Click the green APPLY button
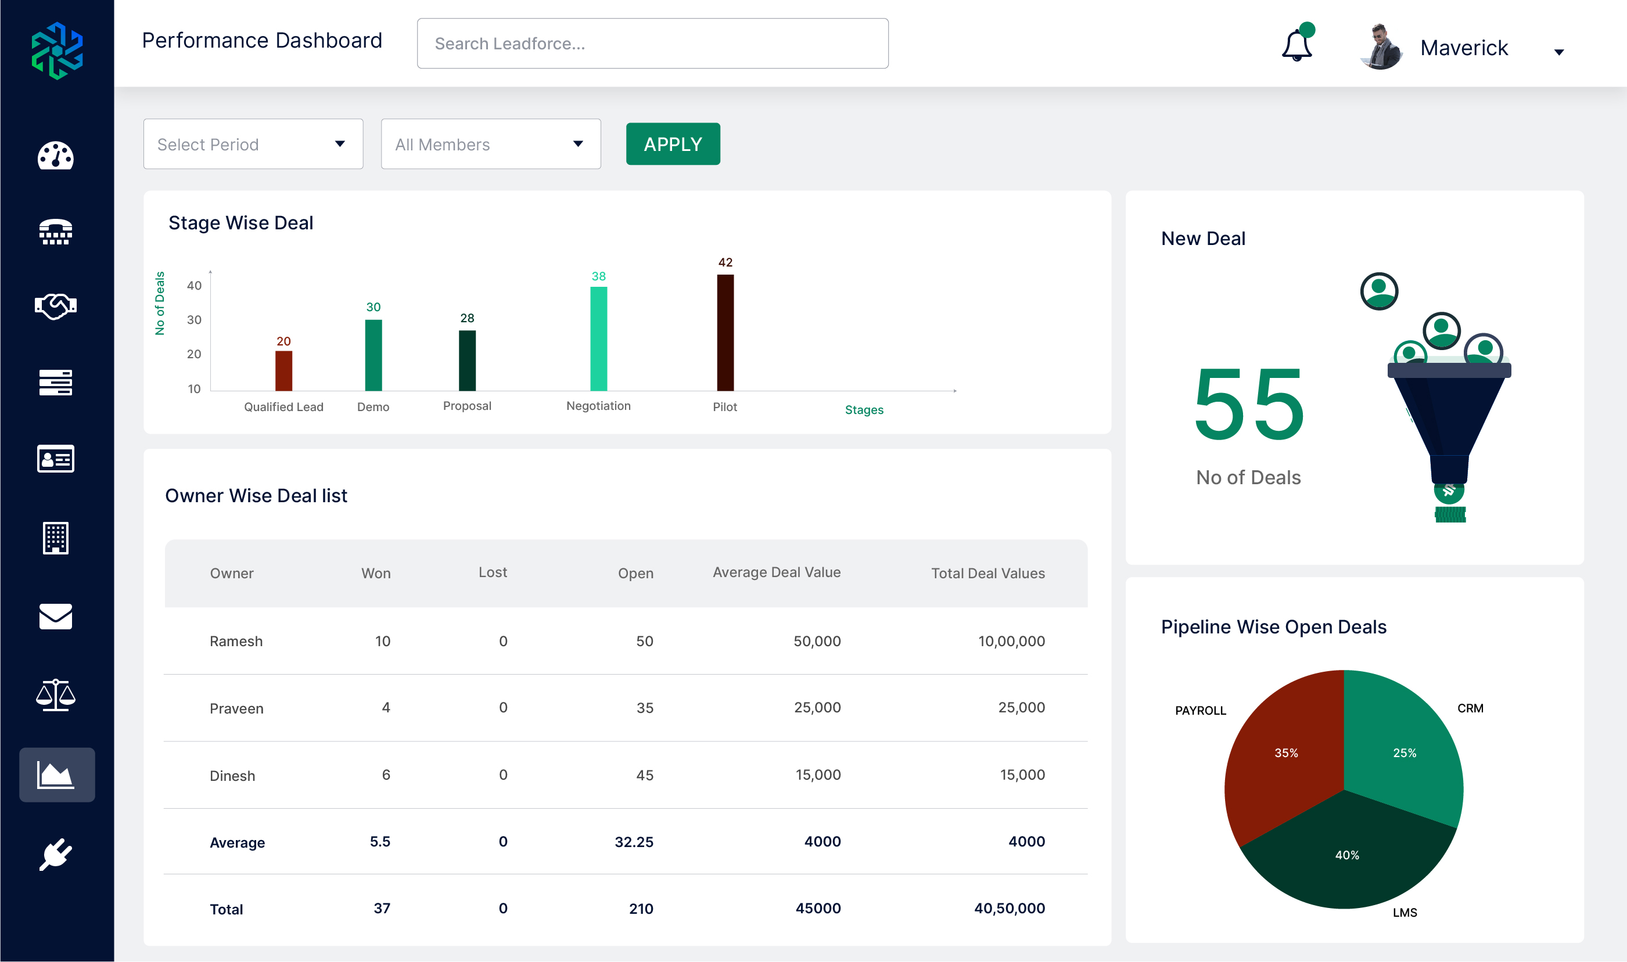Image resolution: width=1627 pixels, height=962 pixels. point(673,144)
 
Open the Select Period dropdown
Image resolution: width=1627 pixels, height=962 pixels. point(253,144)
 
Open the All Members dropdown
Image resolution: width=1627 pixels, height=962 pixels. point(490,144)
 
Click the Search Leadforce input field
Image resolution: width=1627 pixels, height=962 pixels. point(652,44)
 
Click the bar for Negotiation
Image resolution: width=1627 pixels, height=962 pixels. point(598,339)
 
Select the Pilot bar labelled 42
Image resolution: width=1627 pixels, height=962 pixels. point(725,333)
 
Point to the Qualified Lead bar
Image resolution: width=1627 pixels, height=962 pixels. point(283,371)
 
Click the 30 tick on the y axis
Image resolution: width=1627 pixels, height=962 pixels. point(194,319)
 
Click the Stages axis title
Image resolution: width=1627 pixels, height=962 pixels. point(864,410)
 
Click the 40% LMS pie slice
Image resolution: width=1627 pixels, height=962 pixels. point(1347,856)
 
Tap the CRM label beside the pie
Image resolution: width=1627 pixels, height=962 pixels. point(1470,708)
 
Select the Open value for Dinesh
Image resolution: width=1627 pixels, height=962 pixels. point(644,775)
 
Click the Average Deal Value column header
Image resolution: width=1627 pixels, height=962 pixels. point(776,572)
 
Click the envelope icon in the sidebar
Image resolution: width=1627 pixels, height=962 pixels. point(56,617)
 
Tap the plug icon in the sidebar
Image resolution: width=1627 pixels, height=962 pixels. point(56,855)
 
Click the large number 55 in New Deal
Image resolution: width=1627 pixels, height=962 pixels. point(1248,404)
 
